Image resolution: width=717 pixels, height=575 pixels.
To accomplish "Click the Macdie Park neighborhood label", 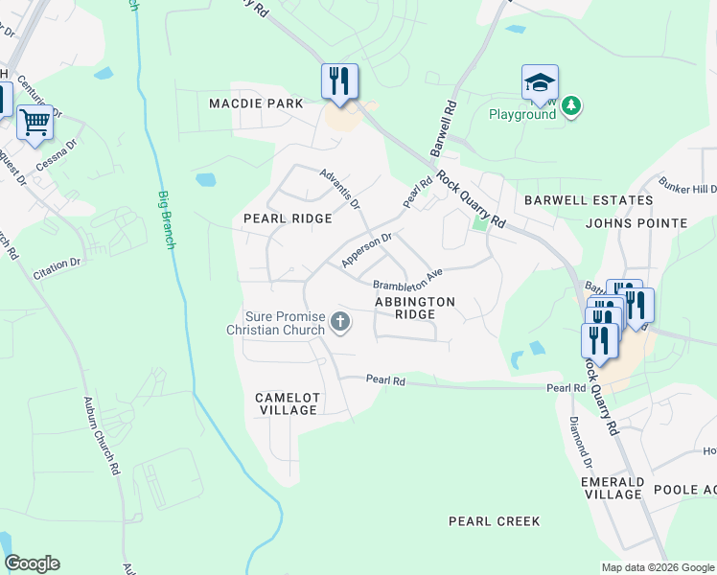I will (x=257, y=103).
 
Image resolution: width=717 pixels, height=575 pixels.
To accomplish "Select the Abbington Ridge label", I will (x=414, y=308).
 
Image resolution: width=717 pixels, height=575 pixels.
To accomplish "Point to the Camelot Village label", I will (x=287, y=403).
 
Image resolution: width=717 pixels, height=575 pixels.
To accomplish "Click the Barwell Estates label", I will (x=589, y=201).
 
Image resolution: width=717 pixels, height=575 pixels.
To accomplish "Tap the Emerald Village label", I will (x=612, y=488).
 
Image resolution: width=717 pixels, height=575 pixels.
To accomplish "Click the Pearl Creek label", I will (x=495, y=522).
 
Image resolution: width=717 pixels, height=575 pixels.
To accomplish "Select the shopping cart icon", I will (x=35, y=123).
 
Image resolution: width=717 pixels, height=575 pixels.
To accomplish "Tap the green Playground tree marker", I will (x=571, y=104).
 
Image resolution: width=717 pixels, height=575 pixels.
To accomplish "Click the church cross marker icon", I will (x=339, y=323).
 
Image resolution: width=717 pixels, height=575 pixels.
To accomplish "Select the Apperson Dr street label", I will (x=367, y=250).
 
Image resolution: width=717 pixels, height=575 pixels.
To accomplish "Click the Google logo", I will (x=32, y=563).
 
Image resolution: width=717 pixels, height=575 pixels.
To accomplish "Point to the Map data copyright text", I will (x=657, y=567).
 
